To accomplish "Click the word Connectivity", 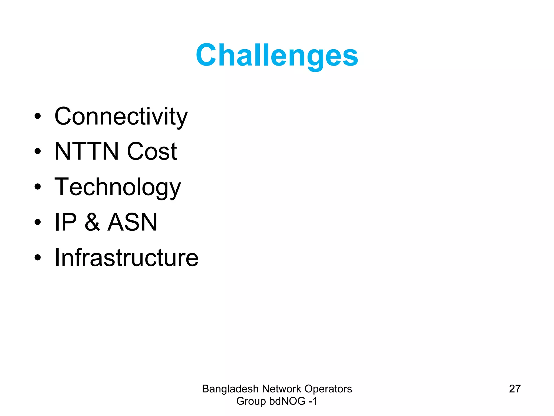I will point(121,116).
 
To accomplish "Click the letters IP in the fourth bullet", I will point(66,222).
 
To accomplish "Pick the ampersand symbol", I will point(92,222).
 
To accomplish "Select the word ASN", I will point(132,222).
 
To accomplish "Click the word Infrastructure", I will point(126,258).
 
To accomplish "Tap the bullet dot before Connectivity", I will point(38,116).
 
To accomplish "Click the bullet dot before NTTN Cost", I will point(38,151).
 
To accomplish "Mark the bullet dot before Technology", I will point(38,187).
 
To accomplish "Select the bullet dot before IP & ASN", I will point(38,222).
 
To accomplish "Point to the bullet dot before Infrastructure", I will point(38,258).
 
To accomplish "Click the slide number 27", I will point(515,389).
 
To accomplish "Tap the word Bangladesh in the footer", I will point(230,389).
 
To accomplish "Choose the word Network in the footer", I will point(281,389).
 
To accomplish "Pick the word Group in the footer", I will point(251,401).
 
